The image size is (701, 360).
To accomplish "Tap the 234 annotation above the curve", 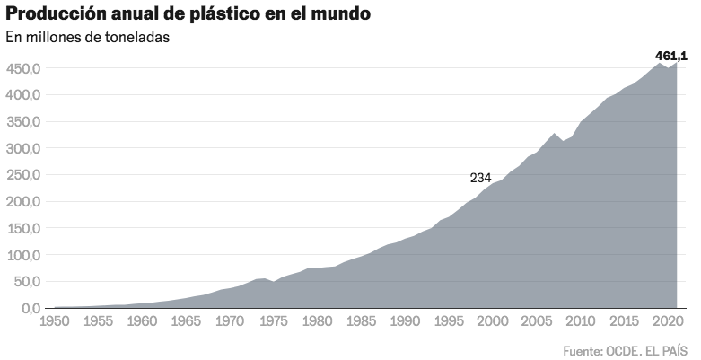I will pos(480,178).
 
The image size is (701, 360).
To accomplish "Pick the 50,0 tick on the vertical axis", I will pos(25,282).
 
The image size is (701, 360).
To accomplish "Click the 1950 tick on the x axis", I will pos(56,321).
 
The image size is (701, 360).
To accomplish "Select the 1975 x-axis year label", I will pos(274,321).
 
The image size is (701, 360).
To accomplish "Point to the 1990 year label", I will pos(405,321).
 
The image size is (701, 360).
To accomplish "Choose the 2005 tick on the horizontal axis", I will pos(536,321).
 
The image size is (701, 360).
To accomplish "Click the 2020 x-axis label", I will pos(666,321).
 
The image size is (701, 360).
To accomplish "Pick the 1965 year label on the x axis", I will pos(187,321).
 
